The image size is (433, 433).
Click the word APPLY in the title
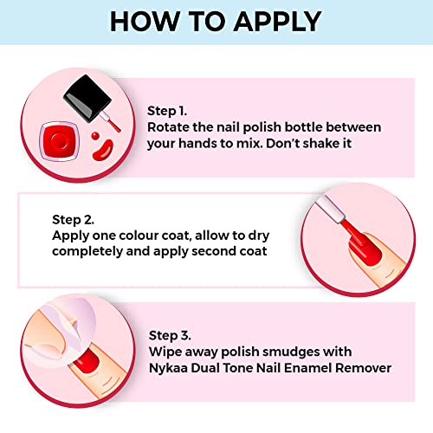(x=277, y=22)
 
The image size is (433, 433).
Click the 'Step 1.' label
(x=167, y=111)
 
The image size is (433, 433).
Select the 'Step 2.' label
(x=73, y=220)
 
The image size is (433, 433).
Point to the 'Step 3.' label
(x=170, y=335)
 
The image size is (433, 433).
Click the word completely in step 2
(x=87, y=251)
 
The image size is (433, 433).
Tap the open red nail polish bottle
(x=60, y=141)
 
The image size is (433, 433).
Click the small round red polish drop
(x=95, y=136)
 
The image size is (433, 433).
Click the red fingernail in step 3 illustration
(x=86, y=361)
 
